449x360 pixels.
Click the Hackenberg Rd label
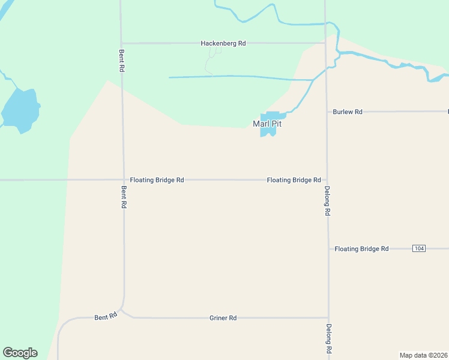223,43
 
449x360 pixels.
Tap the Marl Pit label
267,124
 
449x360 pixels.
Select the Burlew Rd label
348,112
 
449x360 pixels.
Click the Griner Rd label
223,317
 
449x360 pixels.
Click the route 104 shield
419,248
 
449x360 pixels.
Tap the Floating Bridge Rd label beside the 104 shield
361,248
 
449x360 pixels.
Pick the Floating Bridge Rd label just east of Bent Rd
157,180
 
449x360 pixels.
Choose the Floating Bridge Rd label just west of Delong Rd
294,180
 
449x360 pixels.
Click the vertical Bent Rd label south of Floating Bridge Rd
124,197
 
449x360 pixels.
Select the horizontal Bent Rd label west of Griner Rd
106,316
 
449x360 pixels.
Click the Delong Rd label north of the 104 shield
327,200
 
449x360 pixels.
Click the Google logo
20,353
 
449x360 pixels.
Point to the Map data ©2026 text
423,355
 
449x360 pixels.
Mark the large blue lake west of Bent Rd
20,110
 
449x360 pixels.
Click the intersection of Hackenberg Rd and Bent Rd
121,43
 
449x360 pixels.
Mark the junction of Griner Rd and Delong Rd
328,317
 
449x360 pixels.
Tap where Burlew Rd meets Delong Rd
327,112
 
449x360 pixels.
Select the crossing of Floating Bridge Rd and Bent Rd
123,180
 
